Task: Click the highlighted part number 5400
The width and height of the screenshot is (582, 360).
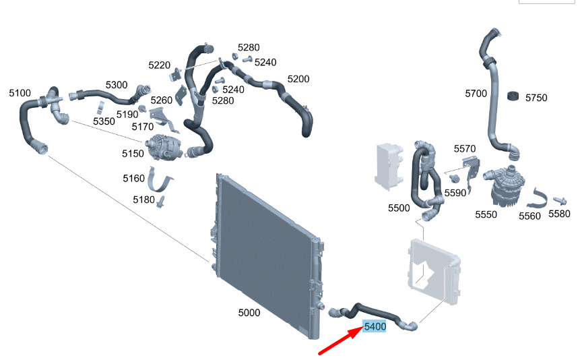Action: pyautogui.click(x=375, y=326)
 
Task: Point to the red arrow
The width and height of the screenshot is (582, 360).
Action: pyautogui.click(x=341, y=340)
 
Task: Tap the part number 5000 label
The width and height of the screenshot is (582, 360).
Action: pyautogui.click(x=249, y=313)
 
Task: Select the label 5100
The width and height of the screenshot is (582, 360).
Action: pyautogui.click(x=20, y=93)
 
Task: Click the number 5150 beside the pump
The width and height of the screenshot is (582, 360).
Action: pyautogui.click(x=133, y=154)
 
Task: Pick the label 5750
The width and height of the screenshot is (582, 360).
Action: pyautogui.click(x=536, y=98)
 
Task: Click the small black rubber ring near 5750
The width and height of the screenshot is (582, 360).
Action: pyautogui.click(x=513, y=96)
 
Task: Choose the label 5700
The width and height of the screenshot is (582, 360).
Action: pyautogui.click(x=476, y=94)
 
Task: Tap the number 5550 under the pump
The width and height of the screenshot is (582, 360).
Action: pyautogui.click(x=486, y=214)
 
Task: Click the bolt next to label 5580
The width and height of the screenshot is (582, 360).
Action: pyautogui.click(x=560, y=201)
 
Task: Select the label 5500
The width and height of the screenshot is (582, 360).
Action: pyautogui.click(x=399, y=208)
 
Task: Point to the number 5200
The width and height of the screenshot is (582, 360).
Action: pyautogui.click(x=298, y=79)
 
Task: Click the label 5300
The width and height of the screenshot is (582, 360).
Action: pyautogui.click(x=117, y=85)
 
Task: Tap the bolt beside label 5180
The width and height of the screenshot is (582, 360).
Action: pyautogui.click(x=161, y=202)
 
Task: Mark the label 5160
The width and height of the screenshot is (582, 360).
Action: pyautogui.click(x=133, y=179)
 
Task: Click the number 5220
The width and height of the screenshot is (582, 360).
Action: pyautogui.click(x=159, y=65)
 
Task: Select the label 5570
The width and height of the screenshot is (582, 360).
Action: pyautogui.click(x=465, y=149)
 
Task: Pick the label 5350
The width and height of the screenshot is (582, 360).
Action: pyautogui.click(x=104, y=121)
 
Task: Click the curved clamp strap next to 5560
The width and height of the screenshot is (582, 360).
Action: pyautogui.click(x=537, y=200)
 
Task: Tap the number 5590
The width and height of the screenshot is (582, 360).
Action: pyautogui.click(x=455, y=193)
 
